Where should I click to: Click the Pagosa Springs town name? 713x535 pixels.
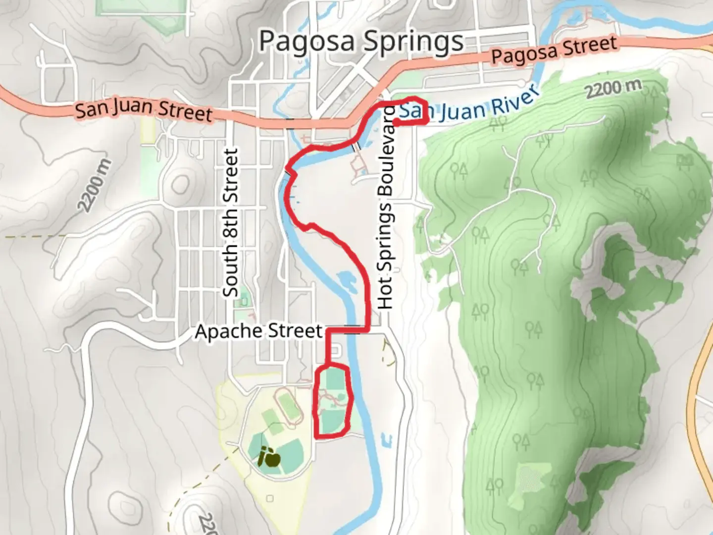[361, 42]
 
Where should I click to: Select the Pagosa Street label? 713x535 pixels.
[555, 50]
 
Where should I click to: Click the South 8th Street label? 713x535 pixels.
[231, 223]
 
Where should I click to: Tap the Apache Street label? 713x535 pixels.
[258, 331]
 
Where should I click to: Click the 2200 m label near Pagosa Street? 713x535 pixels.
[613, 88]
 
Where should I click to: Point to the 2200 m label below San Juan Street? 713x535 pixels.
[94, 186]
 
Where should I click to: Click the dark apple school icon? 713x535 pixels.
[269, 457]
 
